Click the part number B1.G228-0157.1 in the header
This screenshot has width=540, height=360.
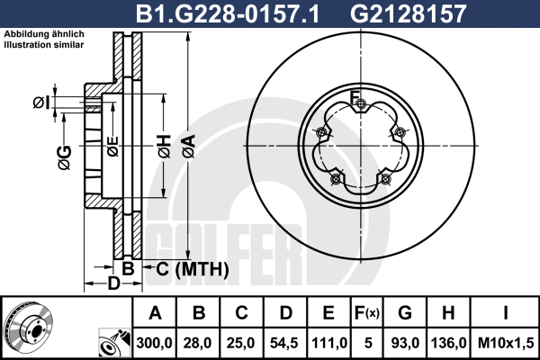228,14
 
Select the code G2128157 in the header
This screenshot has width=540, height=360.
408,14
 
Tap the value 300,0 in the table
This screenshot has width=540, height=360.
154,343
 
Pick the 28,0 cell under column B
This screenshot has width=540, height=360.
198,343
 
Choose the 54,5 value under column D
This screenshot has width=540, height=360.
284,343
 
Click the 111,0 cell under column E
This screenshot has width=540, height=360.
328,343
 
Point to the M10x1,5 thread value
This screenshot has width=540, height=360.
506,343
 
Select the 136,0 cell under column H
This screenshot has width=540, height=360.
448,343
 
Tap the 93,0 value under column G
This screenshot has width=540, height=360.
405,343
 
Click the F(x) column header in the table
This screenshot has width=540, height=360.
366,313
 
